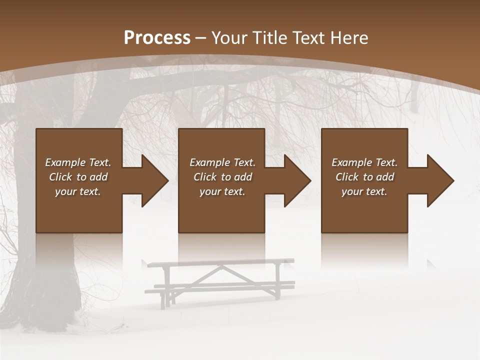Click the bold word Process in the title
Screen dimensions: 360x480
click(157, 37)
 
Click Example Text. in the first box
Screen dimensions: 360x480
click(78, 162)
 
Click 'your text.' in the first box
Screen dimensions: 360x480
click(78, 191)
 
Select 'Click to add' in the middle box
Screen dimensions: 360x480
click(222, 177)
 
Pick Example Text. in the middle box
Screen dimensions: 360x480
click(222, 162)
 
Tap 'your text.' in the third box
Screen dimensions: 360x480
click(364, 191)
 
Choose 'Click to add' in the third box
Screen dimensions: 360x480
click(364, 177)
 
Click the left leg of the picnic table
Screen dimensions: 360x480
click(165, 287)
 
